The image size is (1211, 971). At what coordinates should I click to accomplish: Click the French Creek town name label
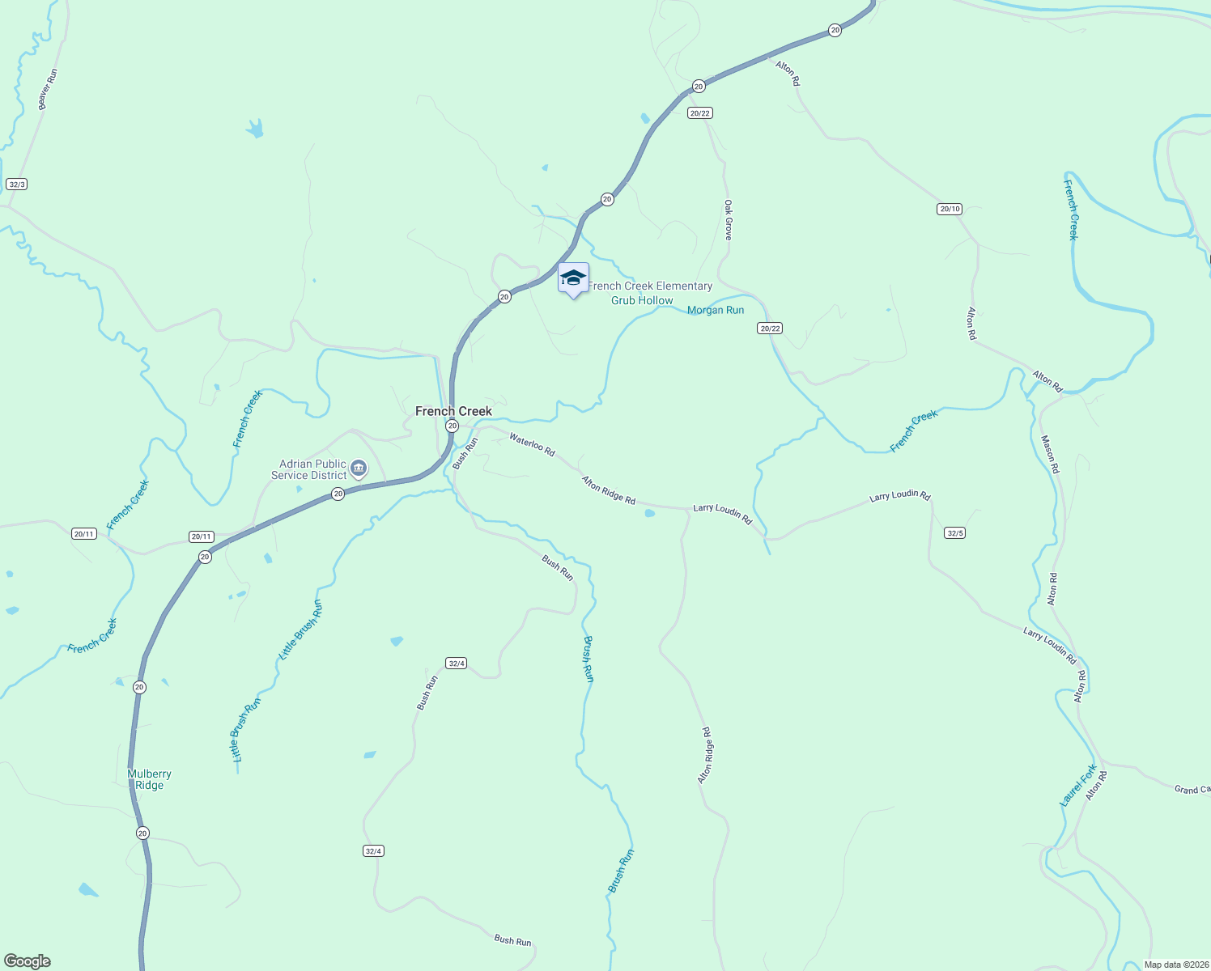tap(453, 411)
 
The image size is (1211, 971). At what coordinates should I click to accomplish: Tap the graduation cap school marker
tap(573, 278)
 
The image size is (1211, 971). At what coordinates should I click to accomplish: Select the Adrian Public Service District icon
tap(359, 469)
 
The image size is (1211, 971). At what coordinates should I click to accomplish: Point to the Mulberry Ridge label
tap(150, 779)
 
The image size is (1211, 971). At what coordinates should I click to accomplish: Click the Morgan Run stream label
tap(715, 310)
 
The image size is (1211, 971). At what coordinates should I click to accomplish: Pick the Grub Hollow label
tap(641, 300)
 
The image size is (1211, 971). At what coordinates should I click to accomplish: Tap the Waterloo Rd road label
tap(532, 445)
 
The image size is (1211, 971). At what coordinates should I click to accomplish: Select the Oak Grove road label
tap(728, 219)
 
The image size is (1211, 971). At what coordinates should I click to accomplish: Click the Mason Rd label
tap(1050, 454)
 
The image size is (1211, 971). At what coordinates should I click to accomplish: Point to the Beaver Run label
tap(48, 89)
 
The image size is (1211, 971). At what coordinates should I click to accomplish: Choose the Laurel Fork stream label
tap(1078, 785)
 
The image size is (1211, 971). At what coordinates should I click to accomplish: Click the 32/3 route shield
tap(16, 184)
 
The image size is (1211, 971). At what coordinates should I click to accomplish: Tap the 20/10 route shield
tap(950, 209)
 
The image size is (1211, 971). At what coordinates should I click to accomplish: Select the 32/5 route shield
tap(955, 532)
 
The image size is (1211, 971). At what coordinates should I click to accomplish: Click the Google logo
tap(28, 960)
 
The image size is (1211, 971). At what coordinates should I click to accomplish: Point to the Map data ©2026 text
tap(1175, 965)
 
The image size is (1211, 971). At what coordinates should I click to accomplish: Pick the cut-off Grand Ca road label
tap(1192, 789)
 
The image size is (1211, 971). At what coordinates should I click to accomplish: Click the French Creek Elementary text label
tap(650, 286)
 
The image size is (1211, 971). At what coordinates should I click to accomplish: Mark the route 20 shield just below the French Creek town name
tap(453, 426)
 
